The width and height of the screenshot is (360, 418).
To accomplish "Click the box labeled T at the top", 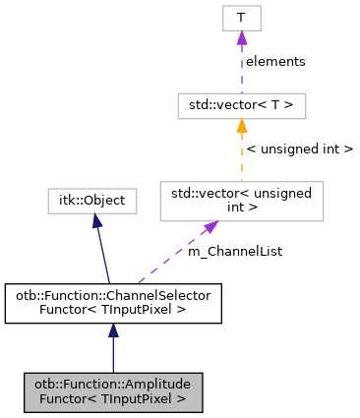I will tap(240, 18).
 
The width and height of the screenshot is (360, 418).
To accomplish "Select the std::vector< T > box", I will tap(240, 103).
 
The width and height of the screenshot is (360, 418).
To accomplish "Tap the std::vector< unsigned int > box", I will tap(241, 200).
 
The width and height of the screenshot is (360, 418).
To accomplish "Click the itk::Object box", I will tap(91, 201).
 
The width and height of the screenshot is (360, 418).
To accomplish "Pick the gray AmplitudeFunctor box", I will tap(112, 391).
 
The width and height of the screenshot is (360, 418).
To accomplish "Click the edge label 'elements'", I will tap(274, 61).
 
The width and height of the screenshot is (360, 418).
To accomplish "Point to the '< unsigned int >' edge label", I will tap(299, 149).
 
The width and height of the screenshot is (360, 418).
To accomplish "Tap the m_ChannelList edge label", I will tap(234, 252).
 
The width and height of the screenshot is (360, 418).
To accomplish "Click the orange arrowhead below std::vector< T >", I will tap(240, 125).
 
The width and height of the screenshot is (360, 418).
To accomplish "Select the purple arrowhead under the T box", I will tap(240, 37).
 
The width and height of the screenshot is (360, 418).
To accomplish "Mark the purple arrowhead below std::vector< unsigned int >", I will tap(210, 228).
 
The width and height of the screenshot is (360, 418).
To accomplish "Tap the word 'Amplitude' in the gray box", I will tap(161, 384).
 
